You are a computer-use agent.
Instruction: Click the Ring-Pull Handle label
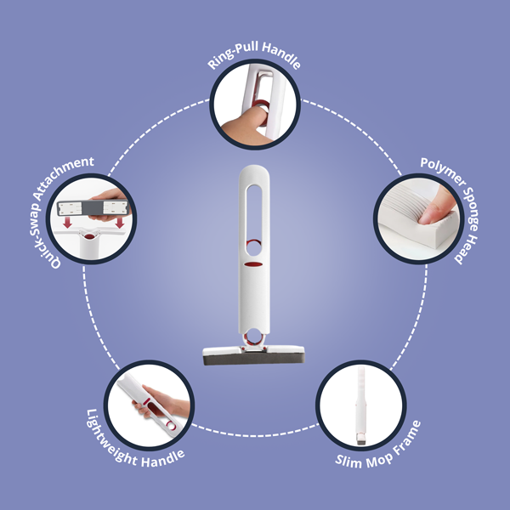[x=255, y=63]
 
